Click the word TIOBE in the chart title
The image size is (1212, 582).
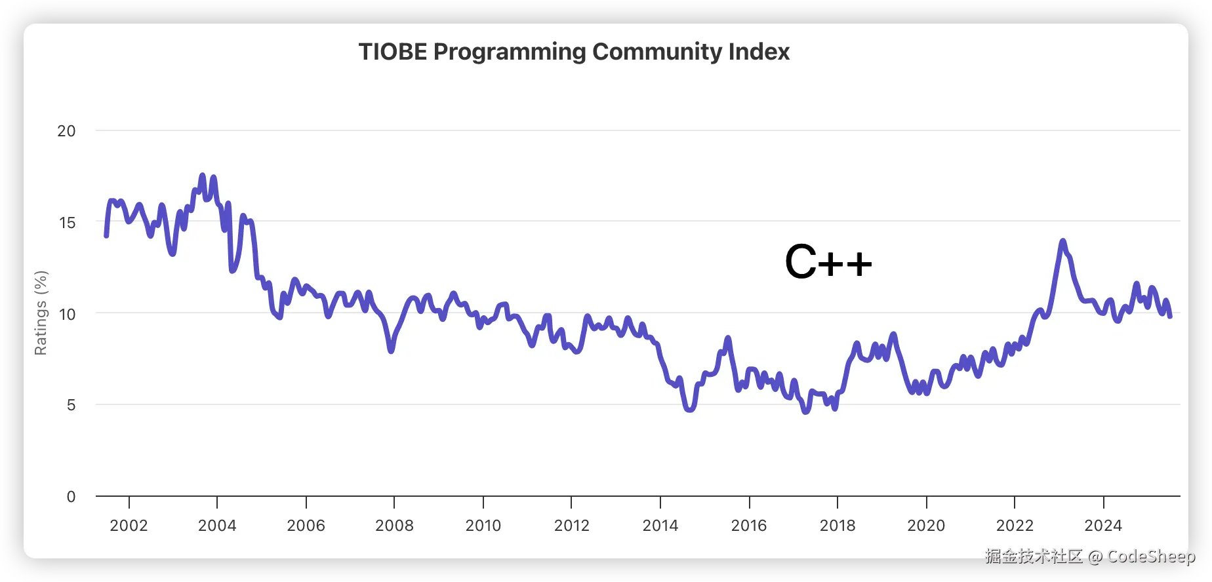(x=392, y=52)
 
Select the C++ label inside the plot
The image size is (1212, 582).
(x=828, y=262)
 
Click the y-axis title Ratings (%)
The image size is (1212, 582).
(x=41, y=313)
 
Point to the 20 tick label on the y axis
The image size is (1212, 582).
(x=66, y=131)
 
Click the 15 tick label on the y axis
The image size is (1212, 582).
(x=67, y=223)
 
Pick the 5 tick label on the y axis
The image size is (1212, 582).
(x=71, y=405)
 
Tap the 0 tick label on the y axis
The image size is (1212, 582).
(x=71, y=497)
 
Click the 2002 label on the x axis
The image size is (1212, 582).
(x=129, y=526)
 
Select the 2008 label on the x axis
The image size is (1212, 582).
(x=394, y=526)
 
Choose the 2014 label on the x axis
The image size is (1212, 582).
(x=660, y=526)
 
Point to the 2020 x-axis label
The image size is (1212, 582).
(x=926, y=526)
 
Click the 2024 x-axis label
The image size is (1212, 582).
(x=1103, y=526)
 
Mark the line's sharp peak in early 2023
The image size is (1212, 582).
(x=1062, y=241)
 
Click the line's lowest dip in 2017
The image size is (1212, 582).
(x=806, y=411)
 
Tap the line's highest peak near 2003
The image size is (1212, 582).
(x=202, y=176)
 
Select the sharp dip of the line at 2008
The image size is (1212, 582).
(x=391, y=351)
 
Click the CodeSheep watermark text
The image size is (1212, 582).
(x=1151, y=556)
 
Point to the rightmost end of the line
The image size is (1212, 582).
(x=1170, y=316)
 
